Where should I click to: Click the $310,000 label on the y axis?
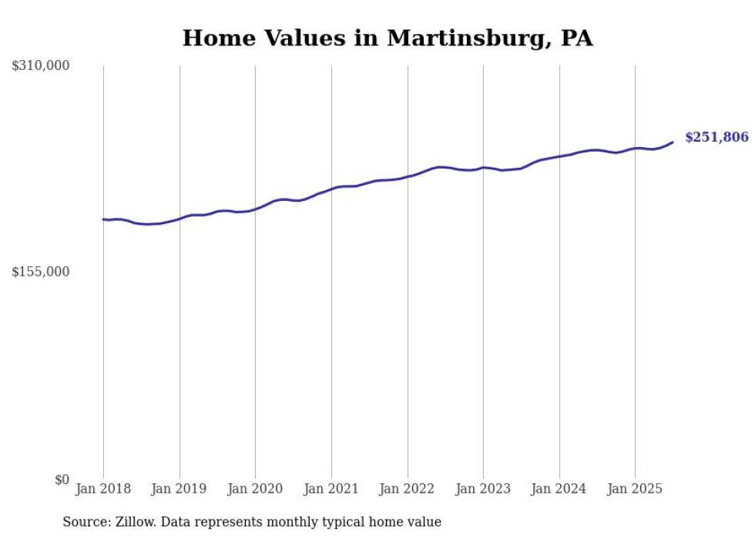[x=41, y=66]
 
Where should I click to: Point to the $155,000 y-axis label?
[x=41, y=272]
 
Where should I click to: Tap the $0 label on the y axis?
[x=62, y=480]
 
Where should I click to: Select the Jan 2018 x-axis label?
[x=103, y=489]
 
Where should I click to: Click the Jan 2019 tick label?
[x=179, y=489]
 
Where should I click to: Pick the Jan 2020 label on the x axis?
[x=255, y=489]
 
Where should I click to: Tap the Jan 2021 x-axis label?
[x=331, y=489]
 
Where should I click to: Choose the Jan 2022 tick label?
[x=407, y=489]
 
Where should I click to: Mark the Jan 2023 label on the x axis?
[x=483, y=489]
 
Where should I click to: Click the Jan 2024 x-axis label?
[x=559, y=489]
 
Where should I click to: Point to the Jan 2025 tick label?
[x=635, y=489]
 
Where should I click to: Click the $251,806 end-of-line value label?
[x=716, y=138]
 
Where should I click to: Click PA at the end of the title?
[x=577, y=38]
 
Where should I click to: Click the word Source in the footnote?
[x=85, y=522]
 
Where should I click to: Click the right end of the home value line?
[x=673, y=142]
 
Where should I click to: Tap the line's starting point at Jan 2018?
[x=103, y=219]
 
